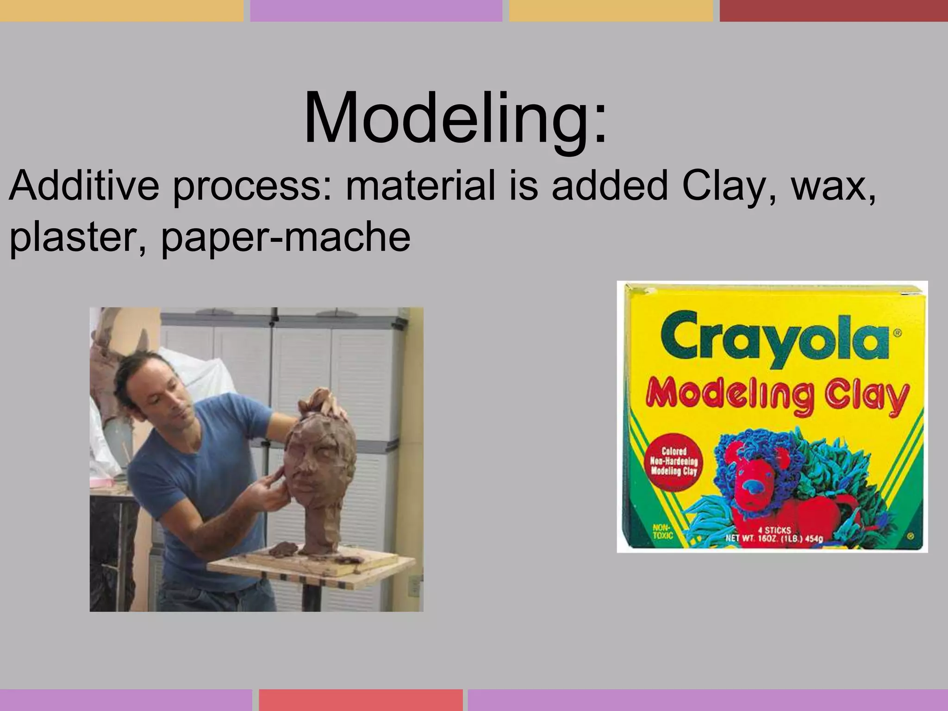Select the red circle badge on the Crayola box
(674, 462)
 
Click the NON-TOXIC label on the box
(662, 531)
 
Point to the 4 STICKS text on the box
(774, 530)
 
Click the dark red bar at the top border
(833, 10)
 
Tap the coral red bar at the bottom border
(361, 700)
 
